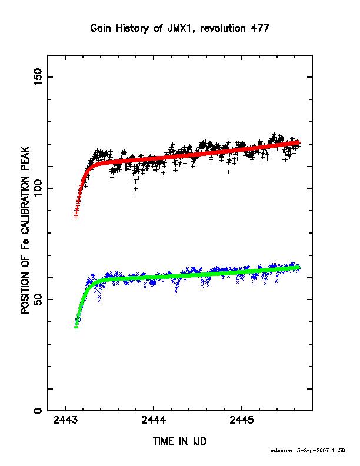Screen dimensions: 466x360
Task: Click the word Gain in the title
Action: [101, 28]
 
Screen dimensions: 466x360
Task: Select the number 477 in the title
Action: [261, 28]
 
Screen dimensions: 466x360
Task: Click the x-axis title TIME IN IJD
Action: [179, 441]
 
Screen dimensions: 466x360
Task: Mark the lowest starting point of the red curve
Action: [76, 217]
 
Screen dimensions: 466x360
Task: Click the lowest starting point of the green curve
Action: [76, 327]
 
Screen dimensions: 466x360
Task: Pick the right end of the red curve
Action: [299, 142]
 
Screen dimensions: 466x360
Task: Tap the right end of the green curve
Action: [299, 268]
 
